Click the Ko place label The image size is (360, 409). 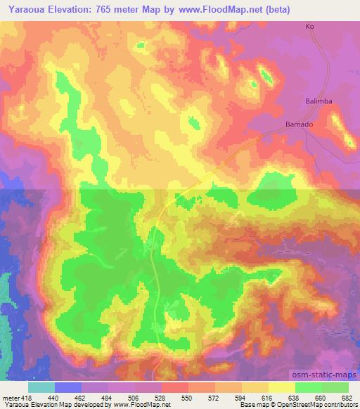pos(308,27)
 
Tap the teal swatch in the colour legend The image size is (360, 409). pos(41,387)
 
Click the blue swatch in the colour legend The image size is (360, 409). pos(68,387)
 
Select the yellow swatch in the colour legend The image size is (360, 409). pos(281,387)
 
